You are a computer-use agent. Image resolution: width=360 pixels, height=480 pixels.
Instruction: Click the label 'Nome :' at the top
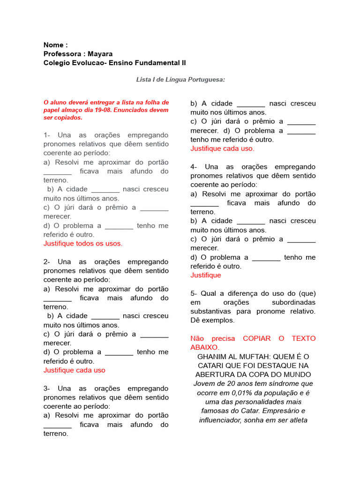tap(55, 45)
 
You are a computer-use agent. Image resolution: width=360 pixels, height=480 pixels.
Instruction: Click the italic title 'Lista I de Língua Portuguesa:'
tap(180, 80)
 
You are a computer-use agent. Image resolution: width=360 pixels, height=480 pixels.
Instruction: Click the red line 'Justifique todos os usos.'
tap(82, 243)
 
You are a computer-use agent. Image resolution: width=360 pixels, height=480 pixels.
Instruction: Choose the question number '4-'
tap(195, 167)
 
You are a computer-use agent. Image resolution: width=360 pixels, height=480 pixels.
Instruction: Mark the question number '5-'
tap(195, 293)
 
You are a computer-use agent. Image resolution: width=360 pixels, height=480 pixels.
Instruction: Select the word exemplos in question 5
tap(218, 320)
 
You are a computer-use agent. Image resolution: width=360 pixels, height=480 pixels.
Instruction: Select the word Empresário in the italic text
tap(283, 411)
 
